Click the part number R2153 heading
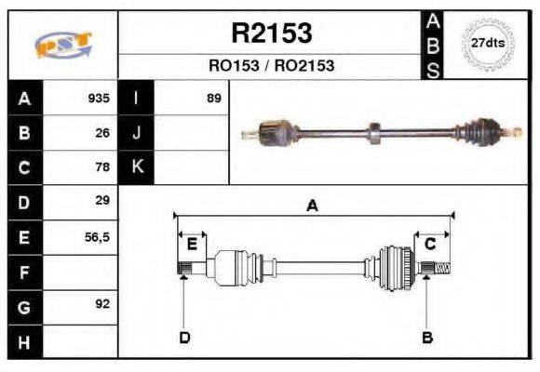pos(271,33)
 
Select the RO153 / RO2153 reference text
pos(271,66)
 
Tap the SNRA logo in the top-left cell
pos(62,45)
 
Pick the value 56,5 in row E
pos(98,237)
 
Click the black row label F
pos(24,272)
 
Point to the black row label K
pos(136,167)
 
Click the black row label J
pos(136,133)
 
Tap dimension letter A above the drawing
pos(312,206)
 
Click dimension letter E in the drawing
pos(192,244)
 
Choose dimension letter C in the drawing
pos(430,244)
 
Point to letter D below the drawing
pos(184,337)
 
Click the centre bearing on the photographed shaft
pos(374,133)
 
